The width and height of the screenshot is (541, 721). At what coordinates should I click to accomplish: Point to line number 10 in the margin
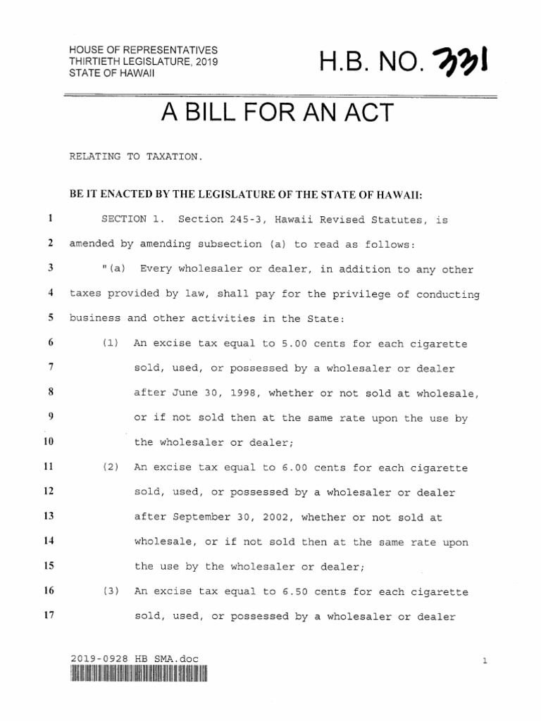[49, 443]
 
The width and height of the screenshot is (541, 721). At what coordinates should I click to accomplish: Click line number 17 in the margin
[49, 615]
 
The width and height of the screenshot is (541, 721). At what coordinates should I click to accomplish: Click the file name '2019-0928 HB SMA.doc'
[135, 659]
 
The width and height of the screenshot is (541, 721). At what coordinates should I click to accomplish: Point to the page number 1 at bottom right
[485, 660]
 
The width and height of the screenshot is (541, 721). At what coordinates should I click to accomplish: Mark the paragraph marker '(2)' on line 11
[110, 468]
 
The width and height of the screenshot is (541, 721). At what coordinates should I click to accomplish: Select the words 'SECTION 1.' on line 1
[132, 220]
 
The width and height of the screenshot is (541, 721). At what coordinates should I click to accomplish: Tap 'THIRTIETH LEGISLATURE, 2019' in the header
[144, 63]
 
